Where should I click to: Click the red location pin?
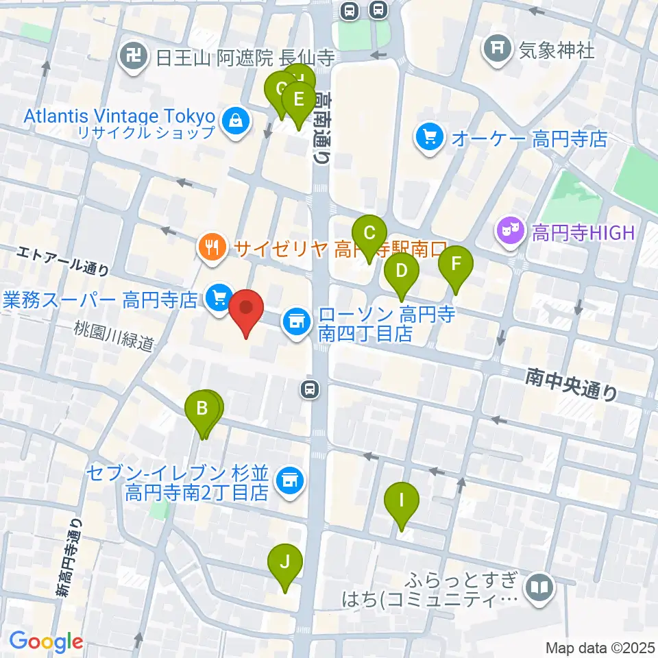(x=245, y=312)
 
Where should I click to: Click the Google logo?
(x=46, y=642)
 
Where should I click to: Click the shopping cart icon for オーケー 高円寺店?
(x=430, y=139)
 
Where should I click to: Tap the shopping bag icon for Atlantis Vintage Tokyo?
(x=236, y=122)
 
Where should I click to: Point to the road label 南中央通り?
(x=572, y=384)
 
